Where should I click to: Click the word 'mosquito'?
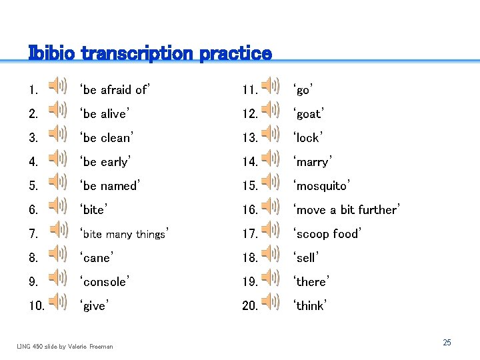pos(321,185)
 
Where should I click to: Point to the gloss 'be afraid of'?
pos(115,89)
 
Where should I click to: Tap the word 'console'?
pos(104,281)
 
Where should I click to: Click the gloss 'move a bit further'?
pos(346,209)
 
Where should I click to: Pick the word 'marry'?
pos(312,161)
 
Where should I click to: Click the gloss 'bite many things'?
pos(124,233)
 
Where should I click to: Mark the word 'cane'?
pos(97,257)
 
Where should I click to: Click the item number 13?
pos(249,138)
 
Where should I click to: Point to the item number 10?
pos(37,306)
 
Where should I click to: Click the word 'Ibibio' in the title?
pos(53,53)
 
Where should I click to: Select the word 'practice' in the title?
pos(235,53)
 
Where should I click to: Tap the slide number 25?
pos(447,342)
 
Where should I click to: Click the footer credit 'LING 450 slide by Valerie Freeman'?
pos(65,346)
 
